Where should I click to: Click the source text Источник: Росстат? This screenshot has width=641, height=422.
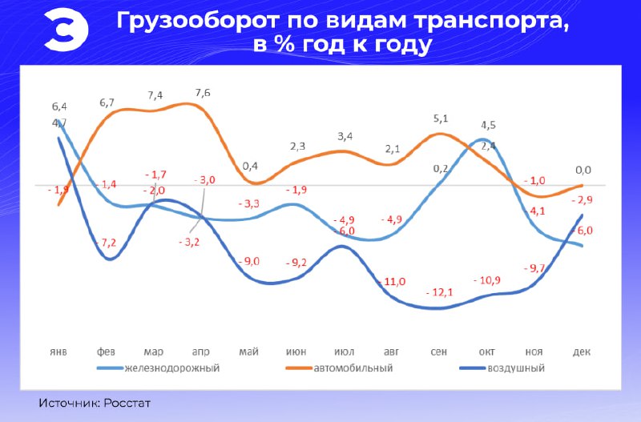[x=95, y=402]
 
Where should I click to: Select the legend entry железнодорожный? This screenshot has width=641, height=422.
[x=171, y=368]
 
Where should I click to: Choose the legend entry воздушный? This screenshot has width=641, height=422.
[x=514, y=368]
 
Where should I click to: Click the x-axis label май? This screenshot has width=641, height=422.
[x=249, y=352]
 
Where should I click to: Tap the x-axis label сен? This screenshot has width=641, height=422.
[x=439, y=352]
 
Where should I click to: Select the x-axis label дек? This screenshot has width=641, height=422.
[x=583, y=352]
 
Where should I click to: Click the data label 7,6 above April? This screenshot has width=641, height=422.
[x=203, y=93]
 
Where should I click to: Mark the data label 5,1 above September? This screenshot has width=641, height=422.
[x=441, y=119]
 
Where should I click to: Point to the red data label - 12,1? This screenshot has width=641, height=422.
[x=439, y=291]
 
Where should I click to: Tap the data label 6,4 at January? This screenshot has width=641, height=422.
[x=59, y=106]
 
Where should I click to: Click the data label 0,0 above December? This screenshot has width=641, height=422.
[x=583, y=170]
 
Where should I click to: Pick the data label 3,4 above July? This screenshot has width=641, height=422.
[x=345, y=136]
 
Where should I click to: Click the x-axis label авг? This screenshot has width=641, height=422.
[x=392, y=352]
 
